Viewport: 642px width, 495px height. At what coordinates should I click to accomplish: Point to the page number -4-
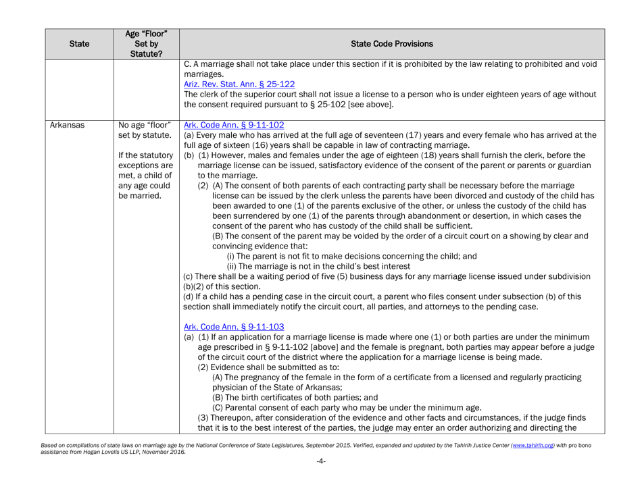click(320, 484)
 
